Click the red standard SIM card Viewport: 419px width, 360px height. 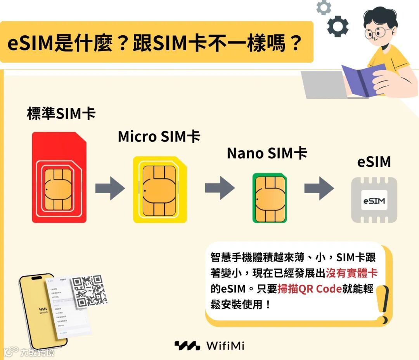pos(59,177)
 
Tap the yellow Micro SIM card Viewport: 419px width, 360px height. pos(159,190)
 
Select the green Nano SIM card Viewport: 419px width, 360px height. pos(270,198)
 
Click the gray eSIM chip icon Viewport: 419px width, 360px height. pos(374,200)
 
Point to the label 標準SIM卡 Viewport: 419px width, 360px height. pos(61,114)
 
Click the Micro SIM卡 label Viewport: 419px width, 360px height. pos(159,137)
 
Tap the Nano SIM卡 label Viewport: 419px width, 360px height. pos(267,153)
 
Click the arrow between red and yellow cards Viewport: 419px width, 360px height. pos(110,189)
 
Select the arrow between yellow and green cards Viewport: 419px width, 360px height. pos(220,189)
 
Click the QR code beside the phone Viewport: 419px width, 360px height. pos(90,290)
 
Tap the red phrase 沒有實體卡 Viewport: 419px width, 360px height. pos(351,273)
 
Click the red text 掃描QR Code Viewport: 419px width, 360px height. pos(310,289)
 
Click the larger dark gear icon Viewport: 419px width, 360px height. pos(338,26)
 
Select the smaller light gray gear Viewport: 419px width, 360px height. pos(324,7)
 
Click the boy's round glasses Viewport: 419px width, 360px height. pos(377,33)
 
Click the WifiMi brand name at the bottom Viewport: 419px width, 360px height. pos(225,346)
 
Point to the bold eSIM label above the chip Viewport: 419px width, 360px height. pos(374,162)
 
